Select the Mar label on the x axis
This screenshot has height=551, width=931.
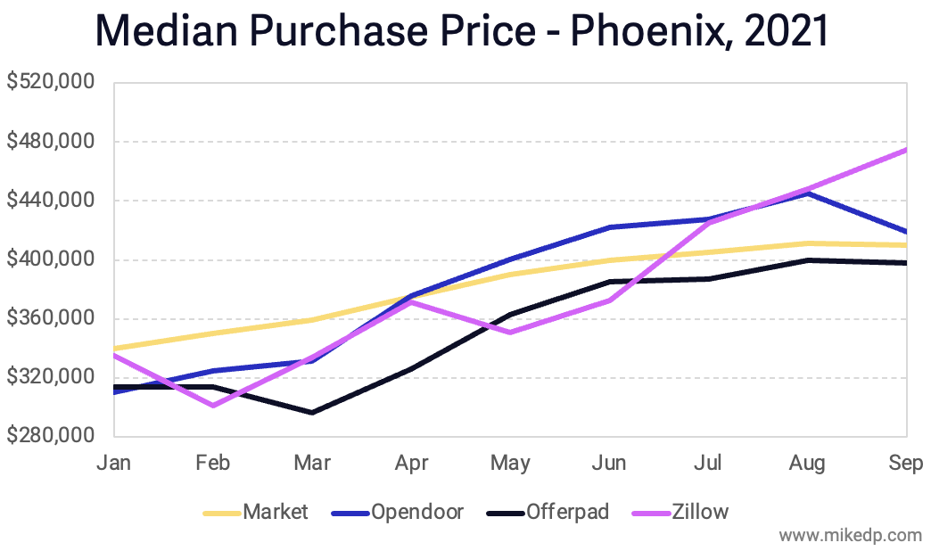coord(312,463)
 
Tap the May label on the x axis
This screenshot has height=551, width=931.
coord(510,463)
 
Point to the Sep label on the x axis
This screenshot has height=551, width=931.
coord(906,463)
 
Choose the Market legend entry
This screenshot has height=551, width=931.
coord(276,512)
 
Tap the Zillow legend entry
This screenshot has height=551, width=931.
coord(701,512)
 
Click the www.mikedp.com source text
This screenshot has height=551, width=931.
coord(850,536)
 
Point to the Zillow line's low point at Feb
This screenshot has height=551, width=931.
coord(213,406)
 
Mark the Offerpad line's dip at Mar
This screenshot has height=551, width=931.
coord(312,413)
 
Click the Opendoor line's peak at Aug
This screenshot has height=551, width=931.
coord(808,193)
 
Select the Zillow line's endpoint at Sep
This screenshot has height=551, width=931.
coord(906,150)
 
